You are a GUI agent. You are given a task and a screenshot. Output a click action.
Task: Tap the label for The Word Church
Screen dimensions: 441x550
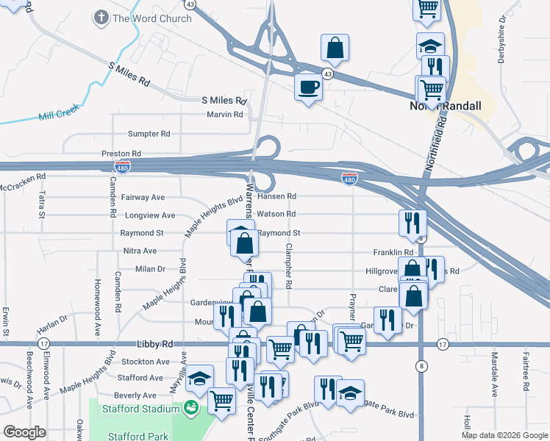click(151, 18)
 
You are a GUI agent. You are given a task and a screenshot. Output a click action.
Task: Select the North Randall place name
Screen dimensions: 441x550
click(445, 106)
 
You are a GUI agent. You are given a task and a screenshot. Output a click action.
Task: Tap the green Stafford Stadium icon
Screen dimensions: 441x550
click(191, 406)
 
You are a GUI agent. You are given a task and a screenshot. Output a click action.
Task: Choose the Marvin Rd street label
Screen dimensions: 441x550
click(224, 115)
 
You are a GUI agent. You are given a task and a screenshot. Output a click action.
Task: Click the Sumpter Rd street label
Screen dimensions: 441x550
click(149, 134)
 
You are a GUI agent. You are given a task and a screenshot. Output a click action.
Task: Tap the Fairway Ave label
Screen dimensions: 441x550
click(143, 198)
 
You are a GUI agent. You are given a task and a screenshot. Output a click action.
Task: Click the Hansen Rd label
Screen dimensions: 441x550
click(281, 196)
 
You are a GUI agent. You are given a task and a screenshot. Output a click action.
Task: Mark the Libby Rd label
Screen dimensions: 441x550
click(154, 343)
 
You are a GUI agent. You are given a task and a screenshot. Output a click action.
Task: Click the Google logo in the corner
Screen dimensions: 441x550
click(24, 432)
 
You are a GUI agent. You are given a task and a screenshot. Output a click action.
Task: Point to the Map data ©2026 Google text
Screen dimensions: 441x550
click(504, 435)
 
